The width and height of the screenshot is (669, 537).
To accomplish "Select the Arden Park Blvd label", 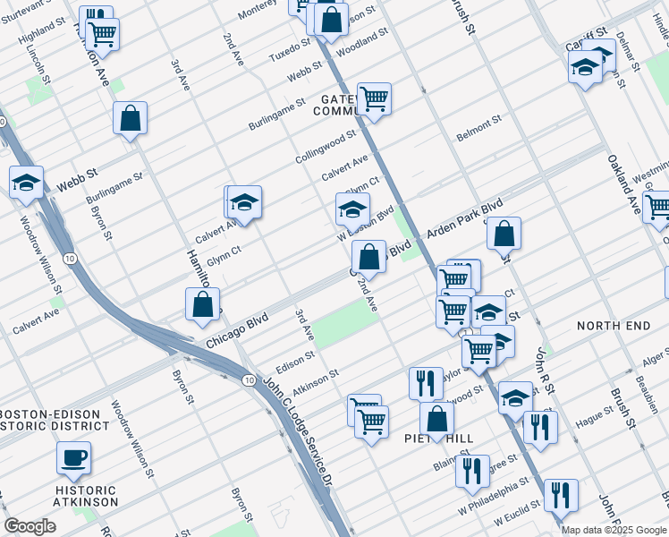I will pos(466,219).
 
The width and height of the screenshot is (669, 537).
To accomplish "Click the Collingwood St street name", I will pos(326,148).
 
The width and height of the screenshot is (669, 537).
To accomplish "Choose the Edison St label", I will pos(295,358).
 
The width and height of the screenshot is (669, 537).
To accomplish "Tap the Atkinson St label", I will pos(316,380).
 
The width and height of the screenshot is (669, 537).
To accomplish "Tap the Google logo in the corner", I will pos(30,526).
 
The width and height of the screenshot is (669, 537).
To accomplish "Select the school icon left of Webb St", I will pos(26,183).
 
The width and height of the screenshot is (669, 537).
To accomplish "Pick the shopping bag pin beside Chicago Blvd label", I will pos(203,303).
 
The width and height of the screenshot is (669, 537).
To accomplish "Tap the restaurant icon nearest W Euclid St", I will pos(561,495).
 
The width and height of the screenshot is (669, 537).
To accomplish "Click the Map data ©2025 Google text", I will pos(614,530).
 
